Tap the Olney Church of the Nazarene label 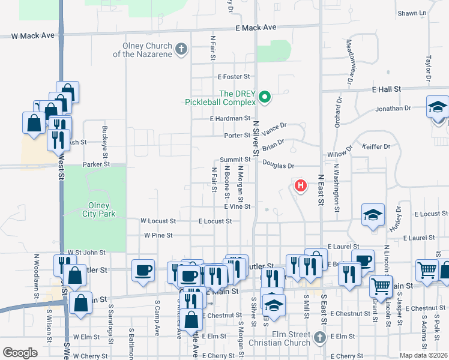coord(143,50)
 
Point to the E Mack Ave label coord(256,28)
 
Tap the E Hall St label coord(386,89)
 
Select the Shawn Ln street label coord(412,13)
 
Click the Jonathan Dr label coord(393,109)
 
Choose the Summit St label coord(234,159)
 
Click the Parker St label coord(97,164)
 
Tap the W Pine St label coord(158,236)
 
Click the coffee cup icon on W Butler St coord(143,271)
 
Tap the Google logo coord(20,353)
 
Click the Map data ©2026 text coord(423,355)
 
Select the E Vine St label coord(237,206)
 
